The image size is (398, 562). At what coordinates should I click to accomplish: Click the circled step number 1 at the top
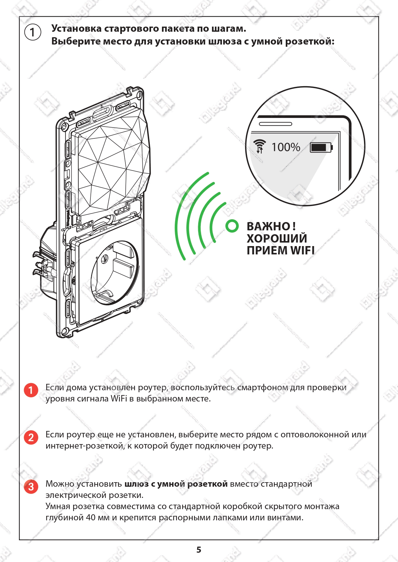(32, 32)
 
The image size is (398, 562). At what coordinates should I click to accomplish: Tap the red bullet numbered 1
(31, 390)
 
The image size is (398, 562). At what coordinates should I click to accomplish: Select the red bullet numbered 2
(31, 437)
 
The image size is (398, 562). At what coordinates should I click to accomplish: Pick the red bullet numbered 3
(31, 487)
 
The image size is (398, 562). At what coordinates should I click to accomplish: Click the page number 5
(199, 550)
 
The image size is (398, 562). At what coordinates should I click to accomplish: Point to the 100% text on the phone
(286, 147)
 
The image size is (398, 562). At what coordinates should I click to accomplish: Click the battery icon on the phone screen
(321, 147)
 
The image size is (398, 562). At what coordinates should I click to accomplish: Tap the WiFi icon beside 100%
(260, 146)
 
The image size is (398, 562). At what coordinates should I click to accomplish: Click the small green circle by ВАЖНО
(232, 226)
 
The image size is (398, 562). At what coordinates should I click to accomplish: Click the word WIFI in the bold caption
(302, 251)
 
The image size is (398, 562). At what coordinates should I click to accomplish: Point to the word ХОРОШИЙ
(277, 238)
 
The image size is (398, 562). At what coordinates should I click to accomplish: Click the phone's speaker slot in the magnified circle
(275, 124)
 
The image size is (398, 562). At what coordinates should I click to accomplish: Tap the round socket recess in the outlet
(115, 272)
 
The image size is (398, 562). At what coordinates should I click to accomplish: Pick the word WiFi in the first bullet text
(119, 399)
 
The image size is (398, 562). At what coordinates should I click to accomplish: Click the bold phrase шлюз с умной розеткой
(176, 484)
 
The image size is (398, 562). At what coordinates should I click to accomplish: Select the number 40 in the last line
(91, 517)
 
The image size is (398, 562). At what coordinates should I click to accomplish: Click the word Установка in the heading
(76, 29)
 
